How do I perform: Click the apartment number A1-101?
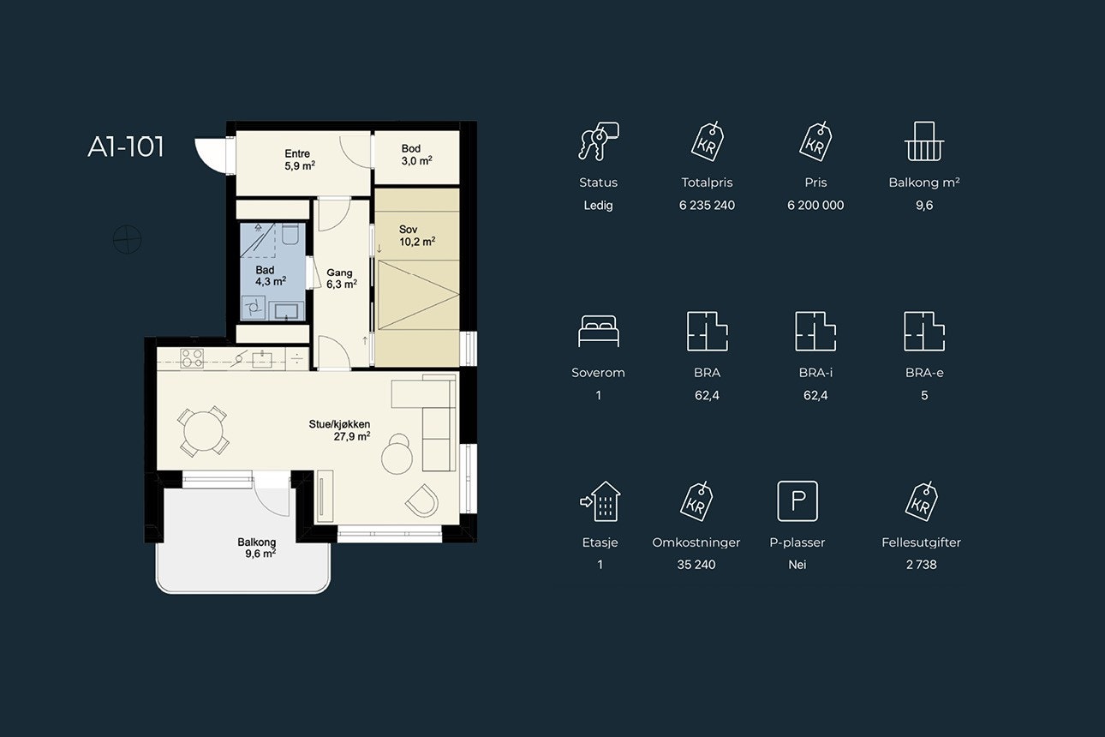click(125, 147)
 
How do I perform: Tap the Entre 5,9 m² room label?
click(300, 159)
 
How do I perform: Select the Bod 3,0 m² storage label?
click(416, 154)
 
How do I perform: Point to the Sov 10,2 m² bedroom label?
click(417, 236)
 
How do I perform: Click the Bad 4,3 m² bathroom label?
click(271, 276)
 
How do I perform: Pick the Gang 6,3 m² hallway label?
click(342, 279)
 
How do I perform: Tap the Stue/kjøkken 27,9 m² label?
click(339, 430)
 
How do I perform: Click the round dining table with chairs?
click(203, 431)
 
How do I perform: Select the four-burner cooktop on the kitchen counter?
click(192, 358)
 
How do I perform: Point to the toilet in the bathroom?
click(290, 233)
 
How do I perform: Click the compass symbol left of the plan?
click(128, 240)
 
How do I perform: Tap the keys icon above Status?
click(599, 141)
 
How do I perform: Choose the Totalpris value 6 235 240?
click(707, 206)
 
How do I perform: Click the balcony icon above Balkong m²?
click(924, 141)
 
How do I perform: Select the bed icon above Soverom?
click(599, 331)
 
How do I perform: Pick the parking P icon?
click(797, 501)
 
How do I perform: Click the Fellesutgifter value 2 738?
click(921, 565)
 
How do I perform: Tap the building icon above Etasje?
click(600, 501)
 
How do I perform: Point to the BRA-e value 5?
click(924, 395)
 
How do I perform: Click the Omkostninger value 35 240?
click(696, 565)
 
